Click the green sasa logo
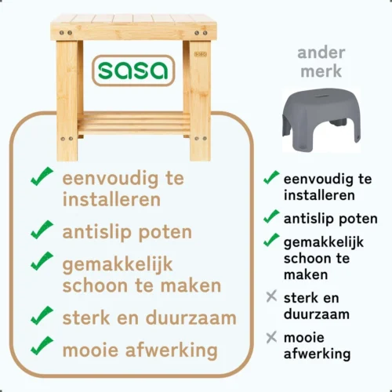(132, 71)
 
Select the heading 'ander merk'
(321, 61)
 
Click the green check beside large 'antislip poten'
(42, 230)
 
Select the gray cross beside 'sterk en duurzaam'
(271, 297)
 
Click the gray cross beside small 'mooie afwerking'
(271, 338)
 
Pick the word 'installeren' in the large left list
(111, 199)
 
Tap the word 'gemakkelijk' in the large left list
(118, 263)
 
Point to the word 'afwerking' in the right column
(318, 354)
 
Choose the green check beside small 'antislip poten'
(271, 216)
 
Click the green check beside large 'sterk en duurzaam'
(42, 316)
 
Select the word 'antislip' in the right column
(308, 217)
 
